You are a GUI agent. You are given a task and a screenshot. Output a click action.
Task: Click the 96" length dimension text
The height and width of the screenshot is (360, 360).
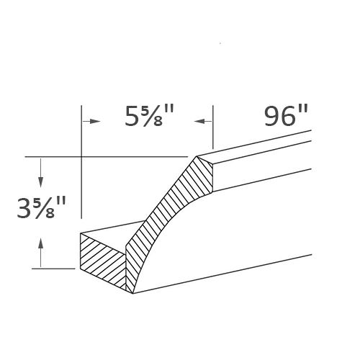click(287, 117)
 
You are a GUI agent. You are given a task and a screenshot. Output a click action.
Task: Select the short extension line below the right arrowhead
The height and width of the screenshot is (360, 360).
click(212, 137)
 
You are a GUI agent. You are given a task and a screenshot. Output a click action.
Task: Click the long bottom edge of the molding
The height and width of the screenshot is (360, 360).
click(223, 274)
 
